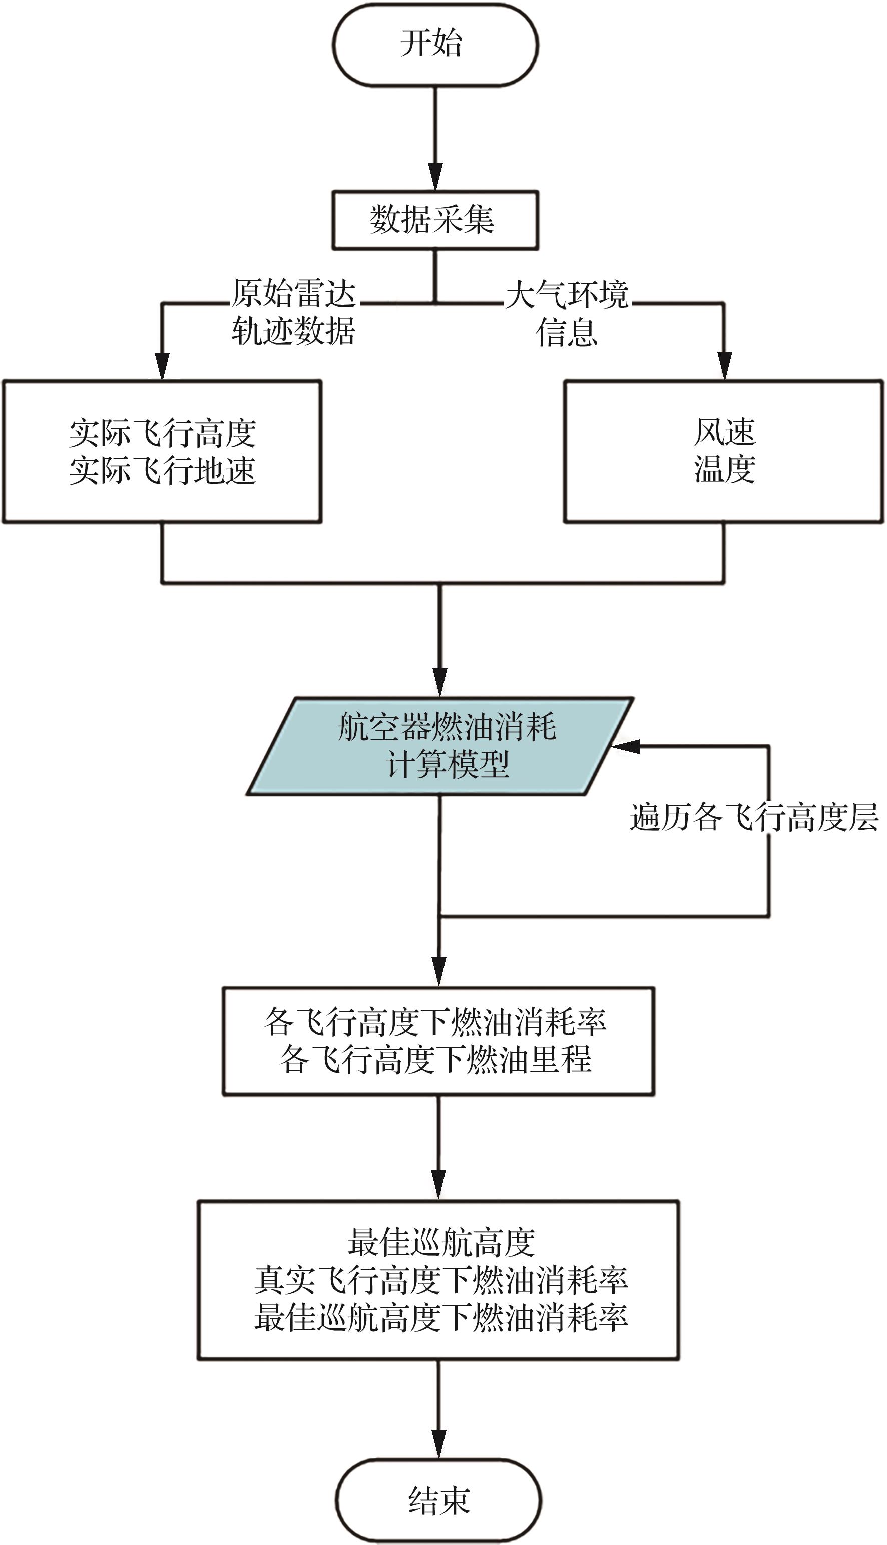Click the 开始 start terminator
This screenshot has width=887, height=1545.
point(435,44)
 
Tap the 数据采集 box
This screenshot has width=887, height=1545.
point(435,220)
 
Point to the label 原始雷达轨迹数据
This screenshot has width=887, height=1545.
point(293,312)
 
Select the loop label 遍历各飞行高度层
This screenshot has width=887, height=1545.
point(754,817)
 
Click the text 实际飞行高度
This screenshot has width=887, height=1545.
point(162,433)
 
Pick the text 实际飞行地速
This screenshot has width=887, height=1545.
point(162,470)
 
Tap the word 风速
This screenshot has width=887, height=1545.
point(724,432)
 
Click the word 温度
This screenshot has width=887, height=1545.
point(724,469)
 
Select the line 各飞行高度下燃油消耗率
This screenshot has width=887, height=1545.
point(435,1022)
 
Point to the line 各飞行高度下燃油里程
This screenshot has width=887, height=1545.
point(435,1059)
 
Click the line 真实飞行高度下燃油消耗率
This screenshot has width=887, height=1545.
point(440,1280)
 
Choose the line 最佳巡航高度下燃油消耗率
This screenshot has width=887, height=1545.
point(440,1317)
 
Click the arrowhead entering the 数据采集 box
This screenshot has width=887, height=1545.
point(435,178)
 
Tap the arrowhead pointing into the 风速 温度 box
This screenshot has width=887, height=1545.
point(724,366)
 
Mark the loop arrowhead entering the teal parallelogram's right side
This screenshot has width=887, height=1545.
point(624,746)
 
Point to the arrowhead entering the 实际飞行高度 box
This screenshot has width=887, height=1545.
point(162,366)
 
